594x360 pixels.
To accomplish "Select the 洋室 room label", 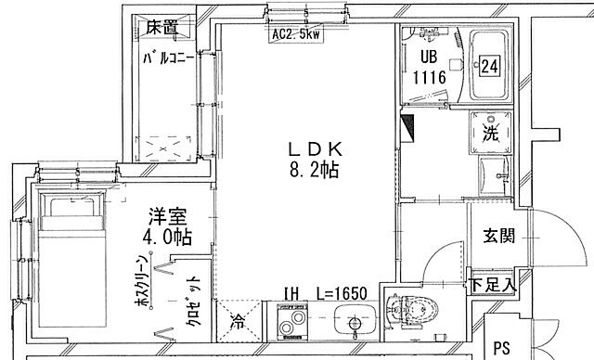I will [168, 217].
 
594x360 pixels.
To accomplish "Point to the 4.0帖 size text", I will [168, 238].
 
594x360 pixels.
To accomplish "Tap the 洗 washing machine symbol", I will [489, 132].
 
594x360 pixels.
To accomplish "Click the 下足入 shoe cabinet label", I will [490, 285].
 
